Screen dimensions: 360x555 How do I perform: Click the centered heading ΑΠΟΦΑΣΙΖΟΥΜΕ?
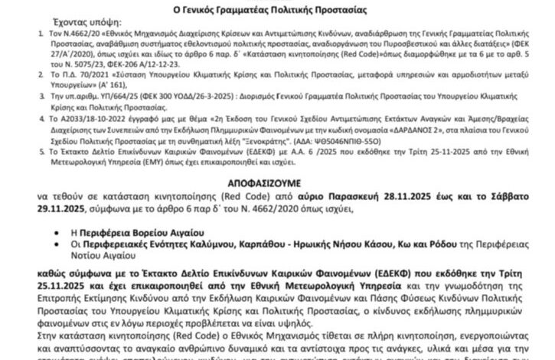(x=276, y=184)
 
